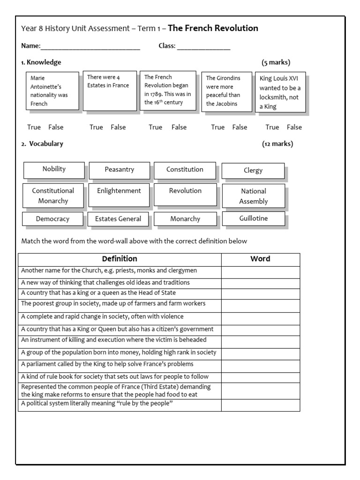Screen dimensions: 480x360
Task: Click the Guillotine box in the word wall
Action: pyautogui.click(x=253, y=218)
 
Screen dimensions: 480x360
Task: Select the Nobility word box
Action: pyautogui.click(x=54, y=169)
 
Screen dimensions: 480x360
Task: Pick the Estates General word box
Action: pyautogui.click(x=118, y=219)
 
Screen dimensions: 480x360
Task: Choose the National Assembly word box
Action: pyautogui.click(x=253, y=196)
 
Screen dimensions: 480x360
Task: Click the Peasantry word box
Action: pyautogui.click(x=119, y=170)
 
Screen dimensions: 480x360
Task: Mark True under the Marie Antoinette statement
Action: pyautogui.click(x=34, y=127)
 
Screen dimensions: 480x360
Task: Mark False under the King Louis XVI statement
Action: pyautogui.click(x=294, y=127)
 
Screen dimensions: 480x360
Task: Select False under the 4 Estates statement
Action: pyautogui.click(x=118, y=127)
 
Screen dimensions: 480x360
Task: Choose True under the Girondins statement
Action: pyautogui.click(x=218, y=127)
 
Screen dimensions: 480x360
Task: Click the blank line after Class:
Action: pyautogui.click(x=203, y=46)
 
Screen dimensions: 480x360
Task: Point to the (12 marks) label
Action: pyautogui.click(x=277, y=144)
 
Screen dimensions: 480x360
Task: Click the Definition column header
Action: pyautogui.click(x=120, y=259)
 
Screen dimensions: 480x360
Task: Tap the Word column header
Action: pyautogui.click(x=260, y=259)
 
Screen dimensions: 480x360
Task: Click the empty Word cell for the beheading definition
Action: pyautogui.click(x=260, y=342)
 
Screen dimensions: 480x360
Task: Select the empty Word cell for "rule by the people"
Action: pyautogui.click(x=260, y=405)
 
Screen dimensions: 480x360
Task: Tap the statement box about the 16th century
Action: pyautogui.click(x=168, y=90)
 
